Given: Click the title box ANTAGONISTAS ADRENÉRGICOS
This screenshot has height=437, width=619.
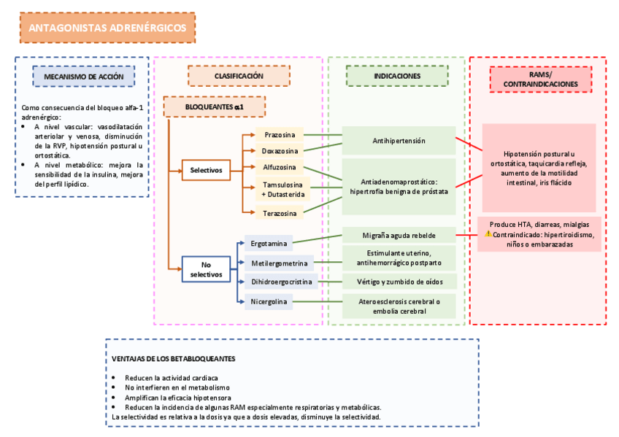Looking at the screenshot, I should [x=107, y=28].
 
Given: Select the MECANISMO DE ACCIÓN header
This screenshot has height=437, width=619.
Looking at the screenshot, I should [x=83, y=76].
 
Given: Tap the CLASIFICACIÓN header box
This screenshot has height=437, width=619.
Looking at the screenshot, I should [x=239, y=76].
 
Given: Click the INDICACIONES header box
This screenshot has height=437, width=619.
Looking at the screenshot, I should [x=397, y=76].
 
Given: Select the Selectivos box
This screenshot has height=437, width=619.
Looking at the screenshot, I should [x=206, y=170].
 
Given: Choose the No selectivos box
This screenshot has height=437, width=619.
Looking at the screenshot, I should [x=205, y=269].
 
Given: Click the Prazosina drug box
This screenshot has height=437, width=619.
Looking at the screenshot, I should [x=280, y=135].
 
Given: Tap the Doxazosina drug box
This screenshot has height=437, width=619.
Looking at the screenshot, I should [x=280, y=151].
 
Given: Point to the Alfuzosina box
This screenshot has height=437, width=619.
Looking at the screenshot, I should [x=280, y=167].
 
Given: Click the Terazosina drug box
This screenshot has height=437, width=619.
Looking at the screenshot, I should [x=280, y=213].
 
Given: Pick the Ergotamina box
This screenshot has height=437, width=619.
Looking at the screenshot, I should [x=268, y=243].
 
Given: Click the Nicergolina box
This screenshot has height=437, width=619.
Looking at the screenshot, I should [x=269, y=301].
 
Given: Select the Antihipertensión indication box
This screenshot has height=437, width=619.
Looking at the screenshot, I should [x=399, y=140].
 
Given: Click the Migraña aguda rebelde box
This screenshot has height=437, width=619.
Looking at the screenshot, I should [x=399, y=236].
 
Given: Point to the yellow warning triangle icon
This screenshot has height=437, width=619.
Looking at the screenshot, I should [x=488, y=234].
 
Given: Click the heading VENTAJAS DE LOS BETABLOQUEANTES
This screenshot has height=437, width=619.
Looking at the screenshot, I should [x=173, y=359].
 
